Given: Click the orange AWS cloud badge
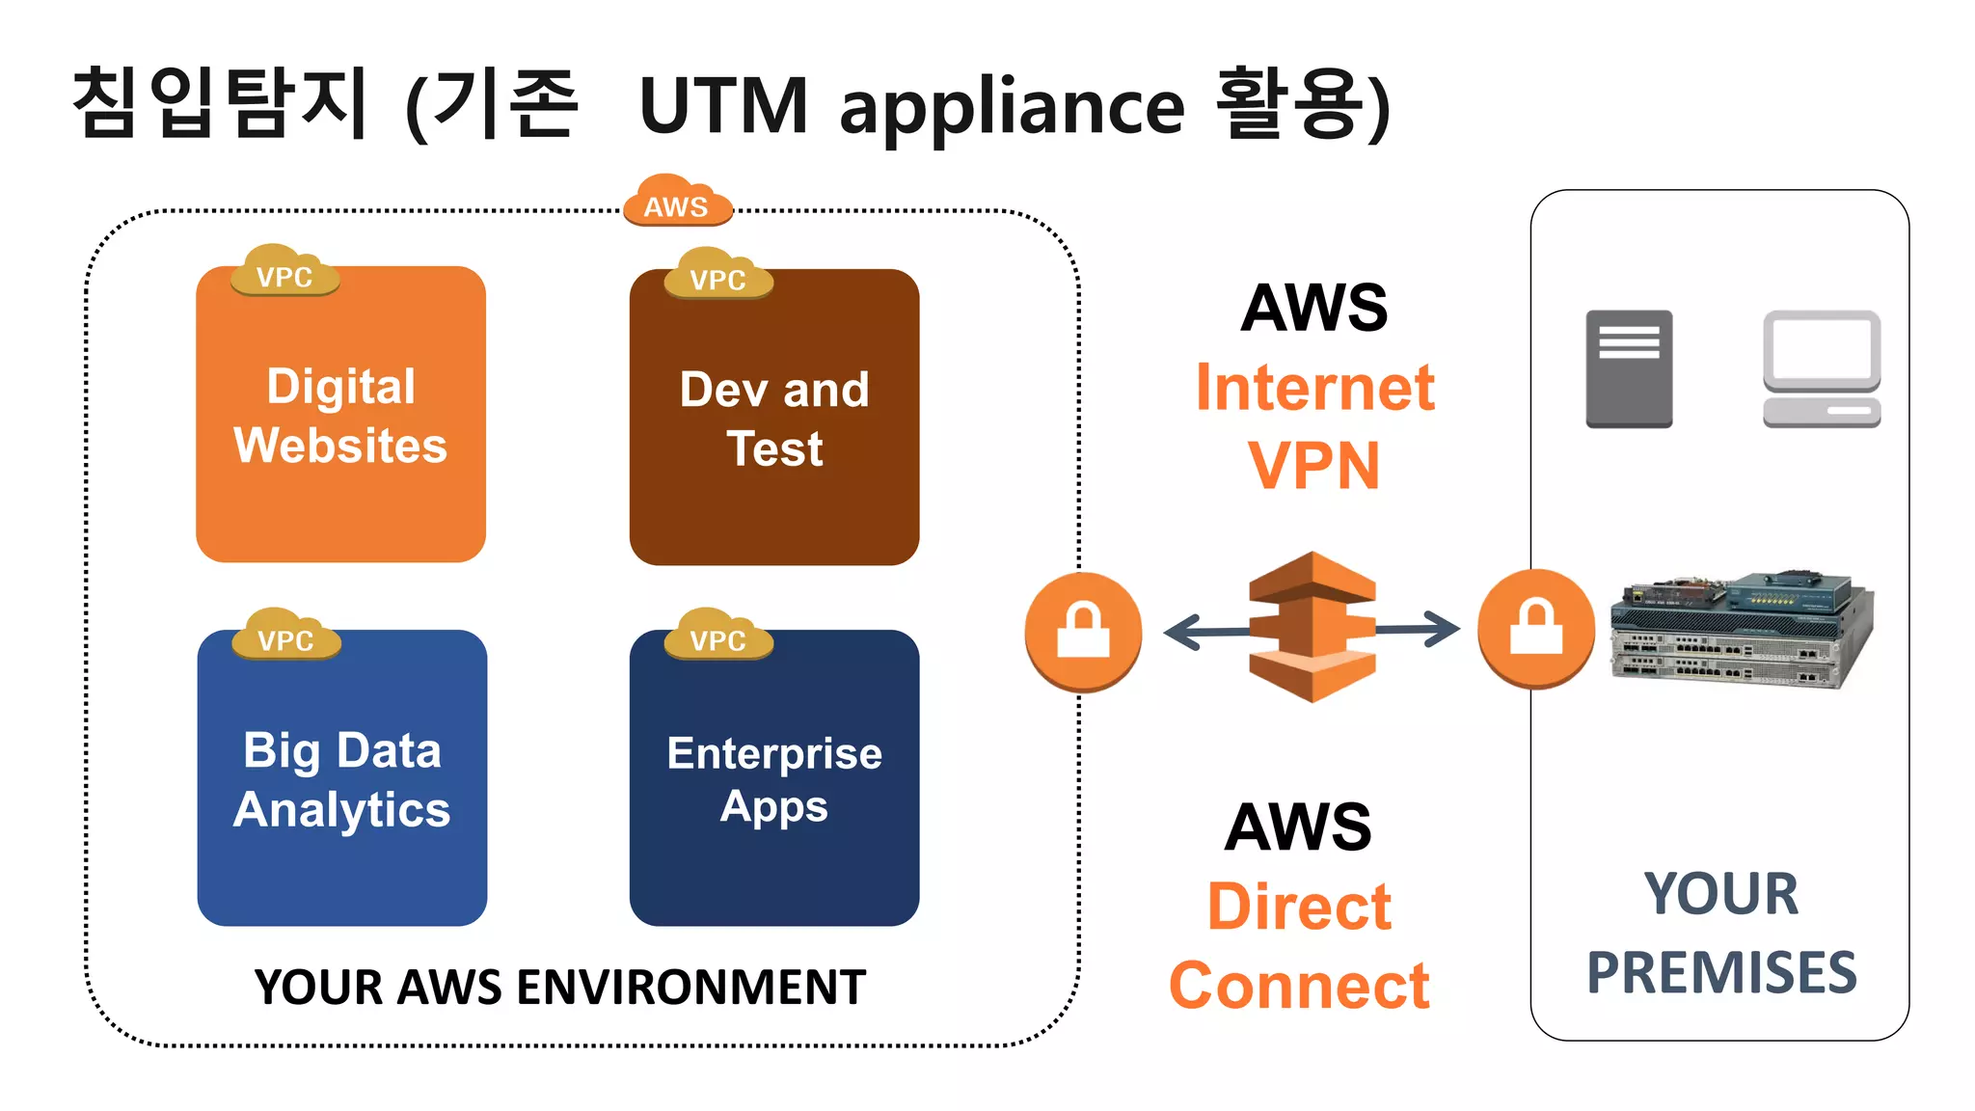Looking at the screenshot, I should coord(677,202).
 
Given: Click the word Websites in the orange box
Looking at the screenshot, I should coord(340,446).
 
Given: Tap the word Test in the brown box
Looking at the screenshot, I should coord(774,449).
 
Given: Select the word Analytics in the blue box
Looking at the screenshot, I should coord(341,810).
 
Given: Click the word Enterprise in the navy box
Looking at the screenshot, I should coord(774,753).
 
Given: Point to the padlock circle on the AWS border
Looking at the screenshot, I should coord(1083,631).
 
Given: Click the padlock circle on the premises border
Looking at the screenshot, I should coord(1536,628).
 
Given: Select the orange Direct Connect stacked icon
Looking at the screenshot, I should coord(1312,627).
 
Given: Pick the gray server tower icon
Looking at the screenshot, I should coord(1629,368).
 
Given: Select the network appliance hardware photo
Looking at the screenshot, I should coord(1741,629).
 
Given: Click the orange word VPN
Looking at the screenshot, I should coord(1314,467).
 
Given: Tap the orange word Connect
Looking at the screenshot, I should coord(1299,987).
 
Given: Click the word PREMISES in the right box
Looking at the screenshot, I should coord(1721,972).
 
